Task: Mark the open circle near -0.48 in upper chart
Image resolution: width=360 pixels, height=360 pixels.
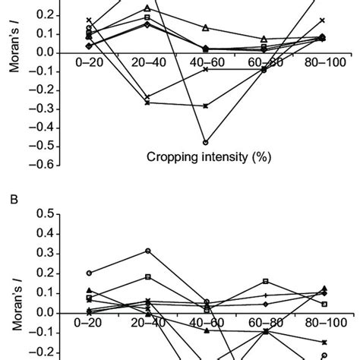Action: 206,142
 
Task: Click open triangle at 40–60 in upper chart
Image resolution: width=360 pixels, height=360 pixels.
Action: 206,28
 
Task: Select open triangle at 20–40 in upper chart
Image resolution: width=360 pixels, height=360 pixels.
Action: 147,8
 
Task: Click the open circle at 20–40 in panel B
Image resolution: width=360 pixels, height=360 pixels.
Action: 147,251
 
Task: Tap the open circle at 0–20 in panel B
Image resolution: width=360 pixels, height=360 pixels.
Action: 89,273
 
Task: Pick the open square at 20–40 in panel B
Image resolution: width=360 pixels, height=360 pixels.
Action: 147,276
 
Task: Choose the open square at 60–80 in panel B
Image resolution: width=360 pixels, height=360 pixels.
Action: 265,281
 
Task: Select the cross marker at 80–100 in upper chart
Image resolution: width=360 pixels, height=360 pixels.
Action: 323,21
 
